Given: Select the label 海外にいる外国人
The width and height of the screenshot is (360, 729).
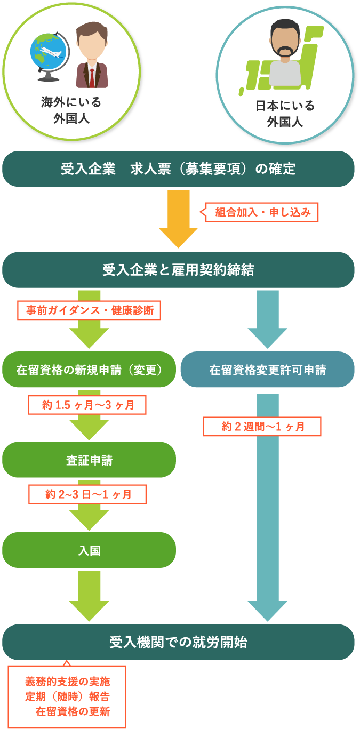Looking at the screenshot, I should (71, 110).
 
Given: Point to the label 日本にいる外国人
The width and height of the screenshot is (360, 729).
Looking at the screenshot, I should (285, 114).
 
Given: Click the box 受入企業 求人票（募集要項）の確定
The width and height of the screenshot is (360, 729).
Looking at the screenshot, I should (178, 169).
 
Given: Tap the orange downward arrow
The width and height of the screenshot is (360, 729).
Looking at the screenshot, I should (178, 219).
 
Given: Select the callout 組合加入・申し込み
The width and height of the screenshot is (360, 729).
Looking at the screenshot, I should (262, 212).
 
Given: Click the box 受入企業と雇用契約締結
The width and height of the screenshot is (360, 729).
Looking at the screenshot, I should (178, 270).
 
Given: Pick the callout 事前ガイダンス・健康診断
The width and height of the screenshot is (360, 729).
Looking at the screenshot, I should (89, 310).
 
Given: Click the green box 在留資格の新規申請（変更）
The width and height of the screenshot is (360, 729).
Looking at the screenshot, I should (89, 370).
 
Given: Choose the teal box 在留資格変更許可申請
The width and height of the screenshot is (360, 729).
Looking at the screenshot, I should (267, 370).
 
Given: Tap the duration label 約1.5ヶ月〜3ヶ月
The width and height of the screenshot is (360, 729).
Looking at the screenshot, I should (87, 405).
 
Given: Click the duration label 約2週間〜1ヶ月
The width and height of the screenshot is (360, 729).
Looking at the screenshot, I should (262, 427).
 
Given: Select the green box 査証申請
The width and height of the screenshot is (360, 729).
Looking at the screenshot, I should (89, 460).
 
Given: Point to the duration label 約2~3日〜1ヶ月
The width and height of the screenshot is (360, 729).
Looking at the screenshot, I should (87, 494).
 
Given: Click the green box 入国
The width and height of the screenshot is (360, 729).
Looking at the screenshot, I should (89, 550).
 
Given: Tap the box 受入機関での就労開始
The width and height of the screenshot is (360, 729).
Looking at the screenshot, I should (178, 642).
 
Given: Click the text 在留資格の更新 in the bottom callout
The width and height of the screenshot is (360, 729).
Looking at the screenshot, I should (73, 711).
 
